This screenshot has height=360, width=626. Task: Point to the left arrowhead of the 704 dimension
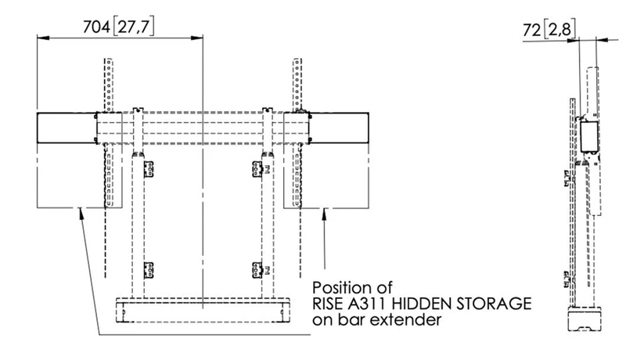click(41, 37)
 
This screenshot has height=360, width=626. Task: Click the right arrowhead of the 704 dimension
click(199, 37)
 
